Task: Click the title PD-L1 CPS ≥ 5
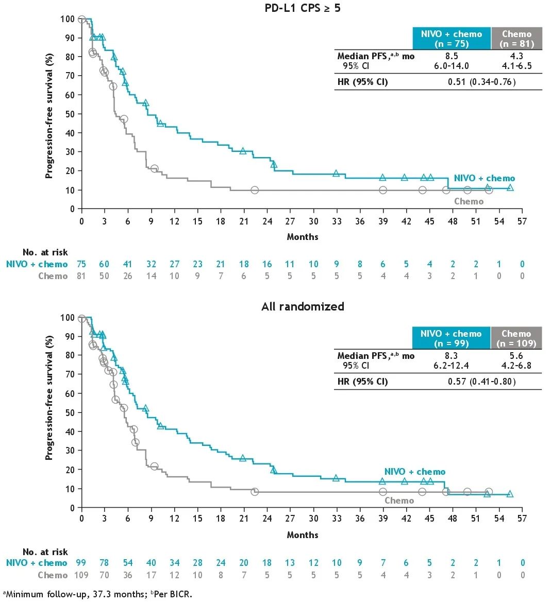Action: point(303,8)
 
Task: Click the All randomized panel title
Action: point(303,306)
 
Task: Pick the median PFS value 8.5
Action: point(452,56)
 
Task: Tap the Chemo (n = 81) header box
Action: point(516,39)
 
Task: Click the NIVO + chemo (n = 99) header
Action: point(451,338)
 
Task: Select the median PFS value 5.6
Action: point(516,356)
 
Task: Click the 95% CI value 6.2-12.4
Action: point(452,366)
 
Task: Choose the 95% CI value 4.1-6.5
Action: point(516,66)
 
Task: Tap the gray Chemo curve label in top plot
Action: point(469,201)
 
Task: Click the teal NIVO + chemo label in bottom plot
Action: point(415,472)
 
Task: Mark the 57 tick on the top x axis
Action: point(522,221)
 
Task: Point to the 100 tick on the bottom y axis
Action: point(67,317)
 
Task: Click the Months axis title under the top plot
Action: point(303,237)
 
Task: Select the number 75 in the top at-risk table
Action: point(81,264)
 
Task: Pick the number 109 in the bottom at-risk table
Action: point(81,575)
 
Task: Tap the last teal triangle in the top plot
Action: point(510,187)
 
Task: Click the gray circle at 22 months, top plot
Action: point(255,190)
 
